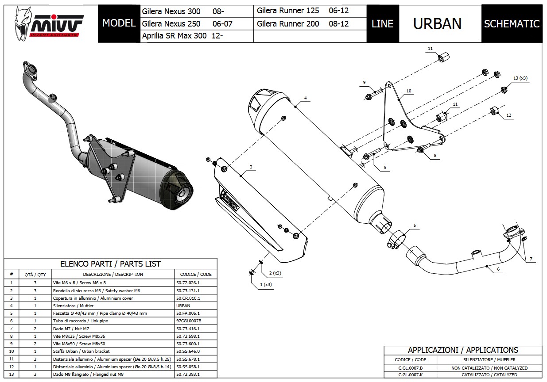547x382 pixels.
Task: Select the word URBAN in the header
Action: [x=437, y=24]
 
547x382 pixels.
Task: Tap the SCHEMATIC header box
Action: [x=512, y=24]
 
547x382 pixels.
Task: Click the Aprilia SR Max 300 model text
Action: [x=182, y=36]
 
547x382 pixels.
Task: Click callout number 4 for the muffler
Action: [x=305, y=98]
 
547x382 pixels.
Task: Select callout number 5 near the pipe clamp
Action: [x=415, y=225]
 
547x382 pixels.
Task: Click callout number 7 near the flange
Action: [x=531, y=259]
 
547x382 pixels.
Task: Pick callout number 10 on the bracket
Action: [x=408, y=91]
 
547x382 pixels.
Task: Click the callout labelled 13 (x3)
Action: [x=520, y=78]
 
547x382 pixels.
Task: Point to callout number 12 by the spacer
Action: [x=508, y=115]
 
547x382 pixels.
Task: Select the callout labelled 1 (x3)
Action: [x=266, y=285]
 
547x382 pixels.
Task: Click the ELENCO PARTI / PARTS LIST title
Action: [x=110, y=264]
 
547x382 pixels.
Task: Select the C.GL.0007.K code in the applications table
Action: [x=411, y=375]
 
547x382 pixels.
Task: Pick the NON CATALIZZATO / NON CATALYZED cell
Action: [x=489, y=368]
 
